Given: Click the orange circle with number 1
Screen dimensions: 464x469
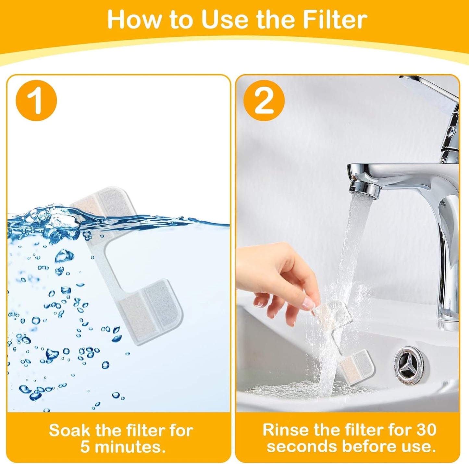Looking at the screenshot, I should coord(36,101).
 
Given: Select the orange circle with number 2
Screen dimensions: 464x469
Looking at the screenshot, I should coord(264,101).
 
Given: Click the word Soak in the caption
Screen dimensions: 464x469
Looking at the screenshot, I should coord(69,431).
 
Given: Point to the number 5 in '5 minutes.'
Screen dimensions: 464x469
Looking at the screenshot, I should coord(85,447).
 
